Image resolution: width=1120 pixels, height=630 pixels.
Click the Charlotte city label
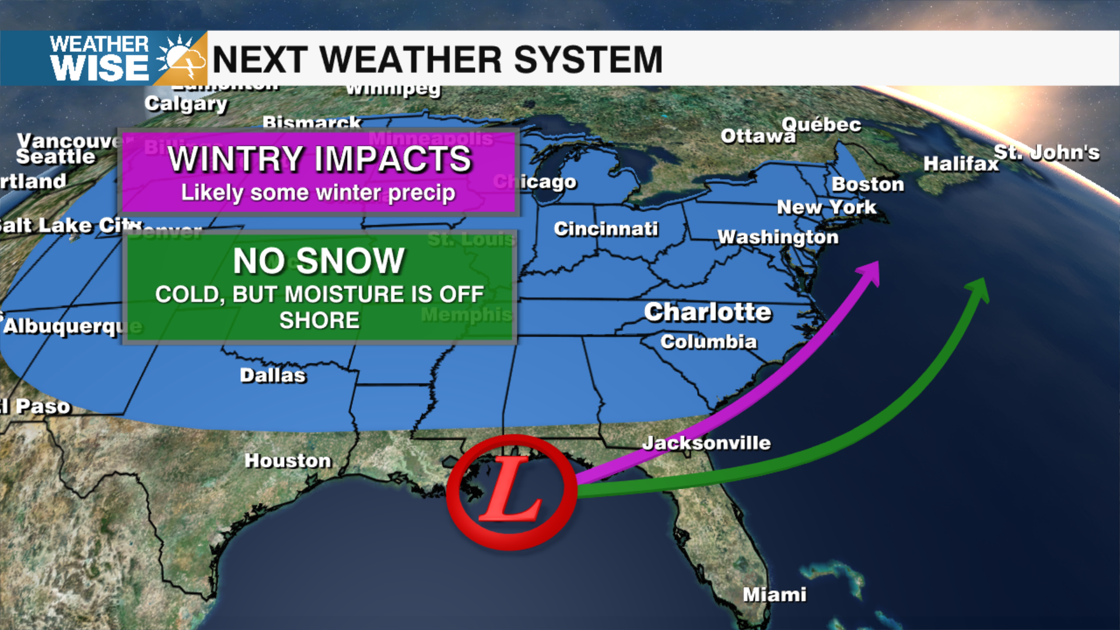pos(708,312)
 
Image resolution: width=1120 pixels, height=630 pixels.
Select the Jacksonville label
pos(706,443)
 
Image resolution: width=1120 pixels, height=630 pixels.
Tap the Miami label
pos(774,594)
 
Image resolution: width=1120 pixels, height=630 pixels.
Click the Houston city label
pos(288,460)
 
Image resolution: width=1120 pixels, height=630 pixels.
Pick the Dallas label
pos(272,375)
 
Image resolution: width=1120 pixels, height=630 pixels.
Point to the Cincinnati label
pos(605,229)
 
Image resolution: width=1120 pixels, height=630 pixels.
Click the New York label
pos(826,207)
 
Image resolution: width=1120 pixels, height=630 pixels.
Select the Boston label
pos(867,184)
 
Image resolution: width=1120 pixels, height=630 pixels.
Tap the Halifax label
pos(961,164)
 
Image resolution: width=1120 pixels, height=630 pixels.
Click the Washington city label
pos(778,237)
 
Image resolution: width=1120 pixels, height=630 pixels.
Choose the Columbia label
pos(708,341)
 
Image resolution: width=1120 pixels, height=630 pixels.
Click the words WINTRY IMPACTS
pos(319,159)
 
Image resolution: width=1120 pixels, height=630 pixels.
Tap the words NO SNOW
pos(318,261)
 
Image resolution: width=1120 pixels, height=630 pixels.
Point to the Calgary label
pos(186,103)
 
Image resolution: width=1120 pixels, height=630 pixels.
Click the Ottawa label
pos(757,136)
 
